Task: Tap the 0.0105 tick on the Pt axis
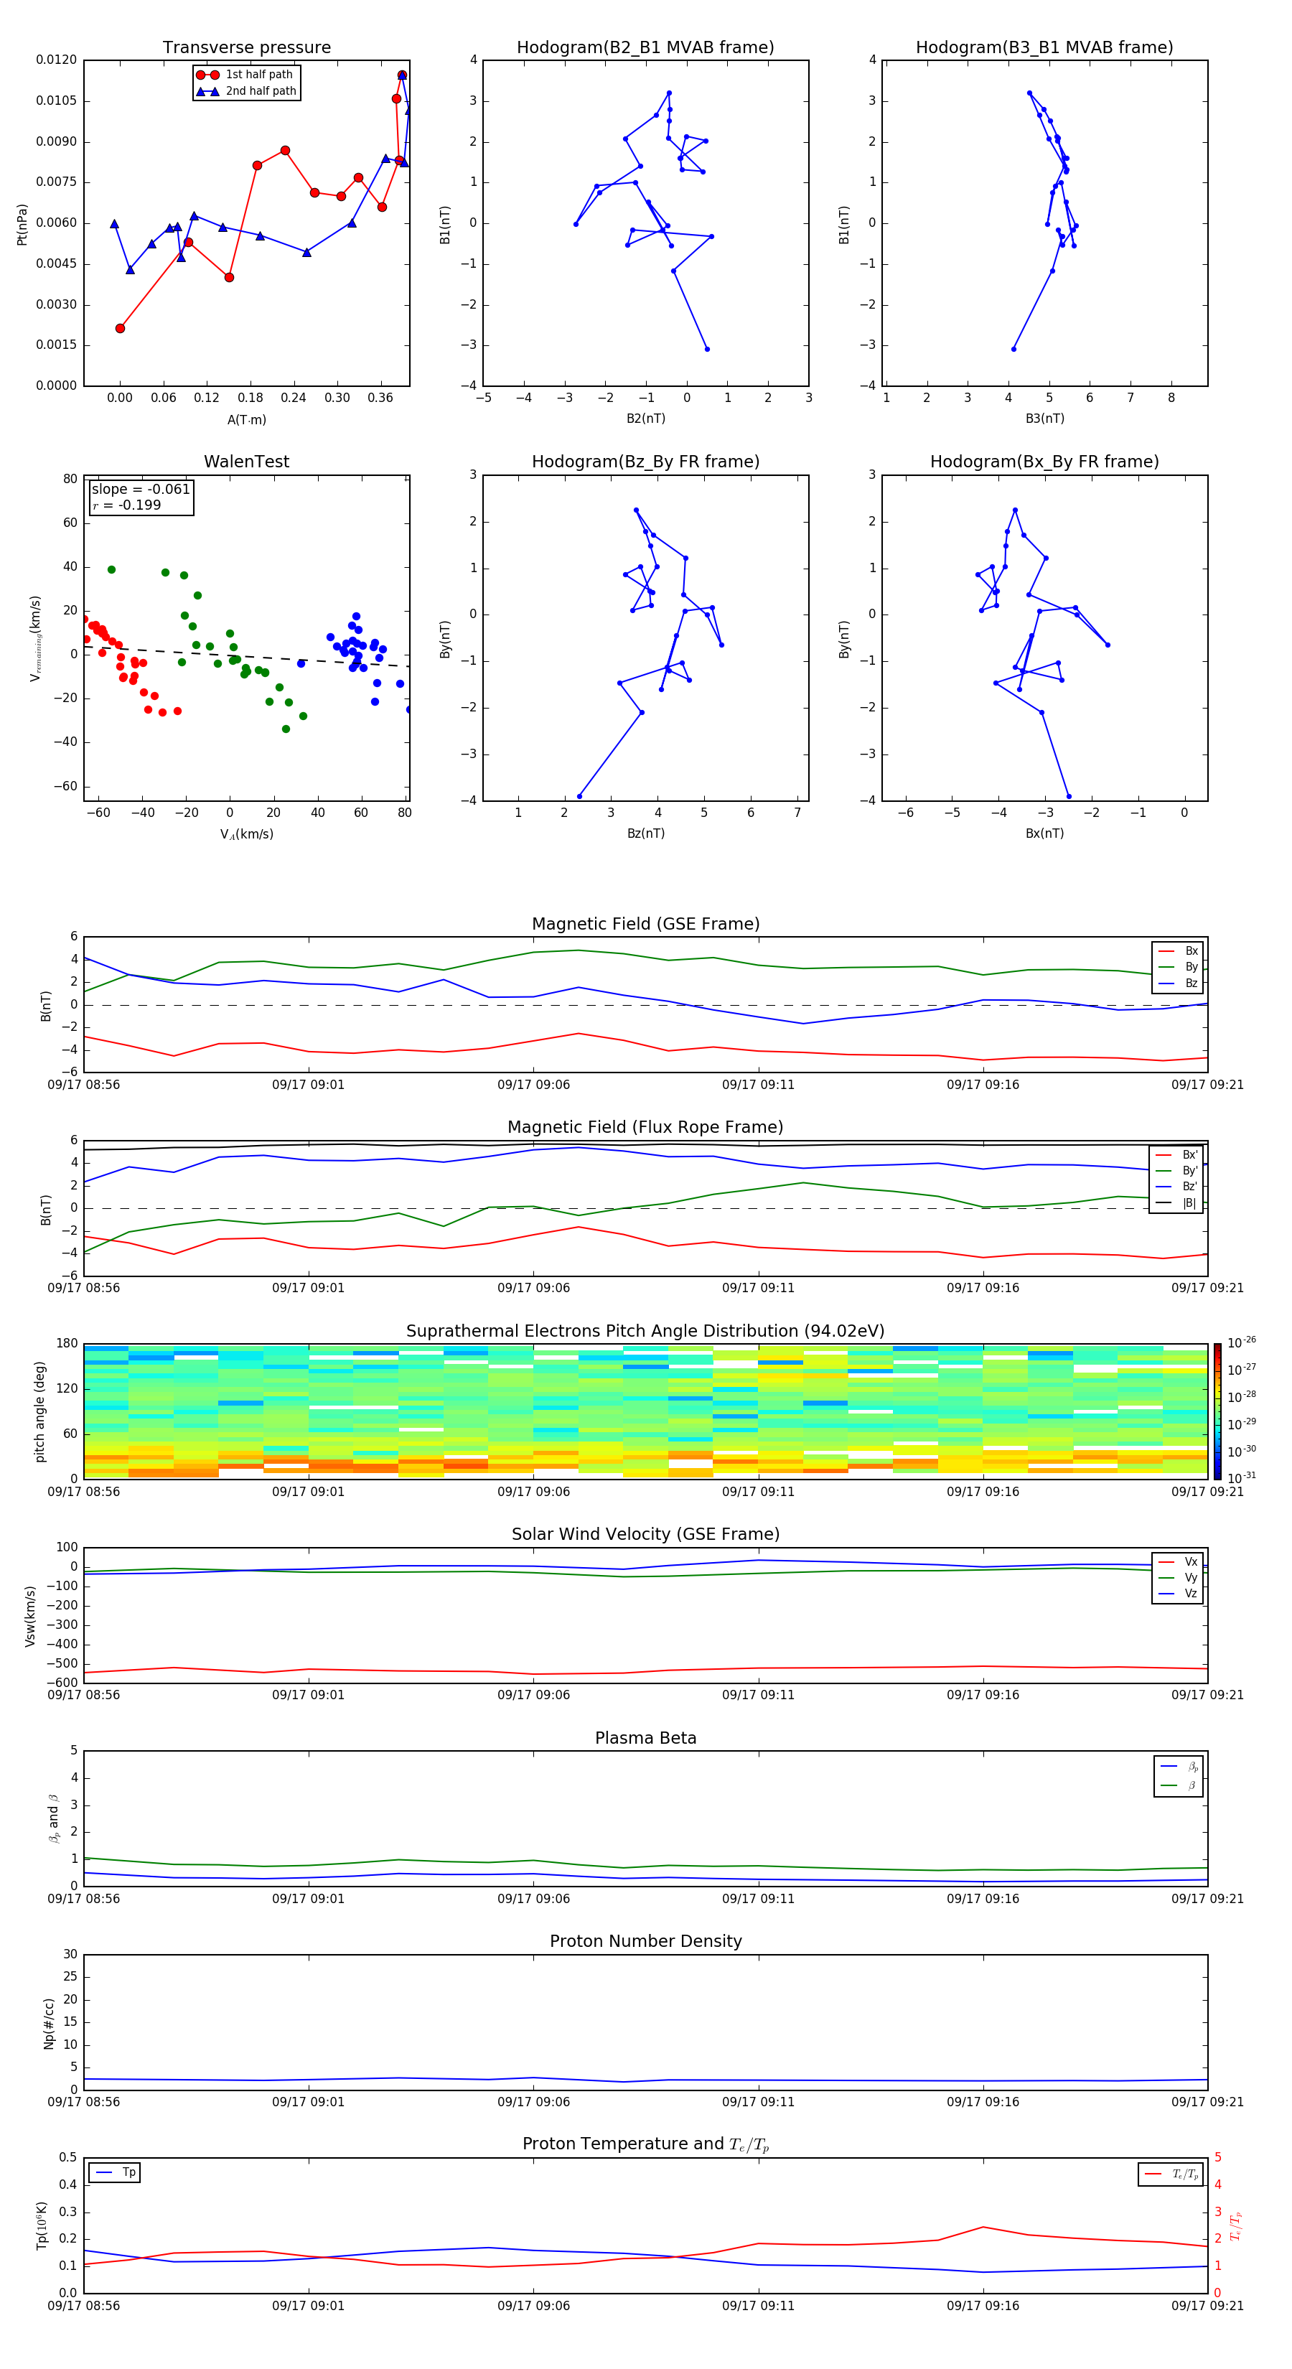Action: pos(57,101)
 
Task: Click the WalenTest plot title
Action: pos(246,462)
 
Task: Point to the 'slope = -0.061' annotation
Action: pos(141,490)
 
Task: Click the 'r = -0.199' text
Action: pos(127,505)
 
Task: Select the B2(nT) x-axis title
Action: pos(645,419)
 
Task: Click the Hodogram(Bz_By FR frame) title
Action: pos(645,462)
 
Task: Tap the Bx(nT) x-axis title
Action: pos(1044,833)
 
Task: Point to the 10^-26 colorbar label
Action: pos(1242,1342)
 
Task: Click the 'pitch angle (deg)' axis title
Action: pos(40,1411)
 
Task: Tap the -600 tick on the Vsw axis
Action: pos(63,1683)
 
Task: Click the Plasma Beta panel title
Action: pos(645,1738)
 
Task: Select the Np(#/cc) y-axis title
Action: pos(50,2022)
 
